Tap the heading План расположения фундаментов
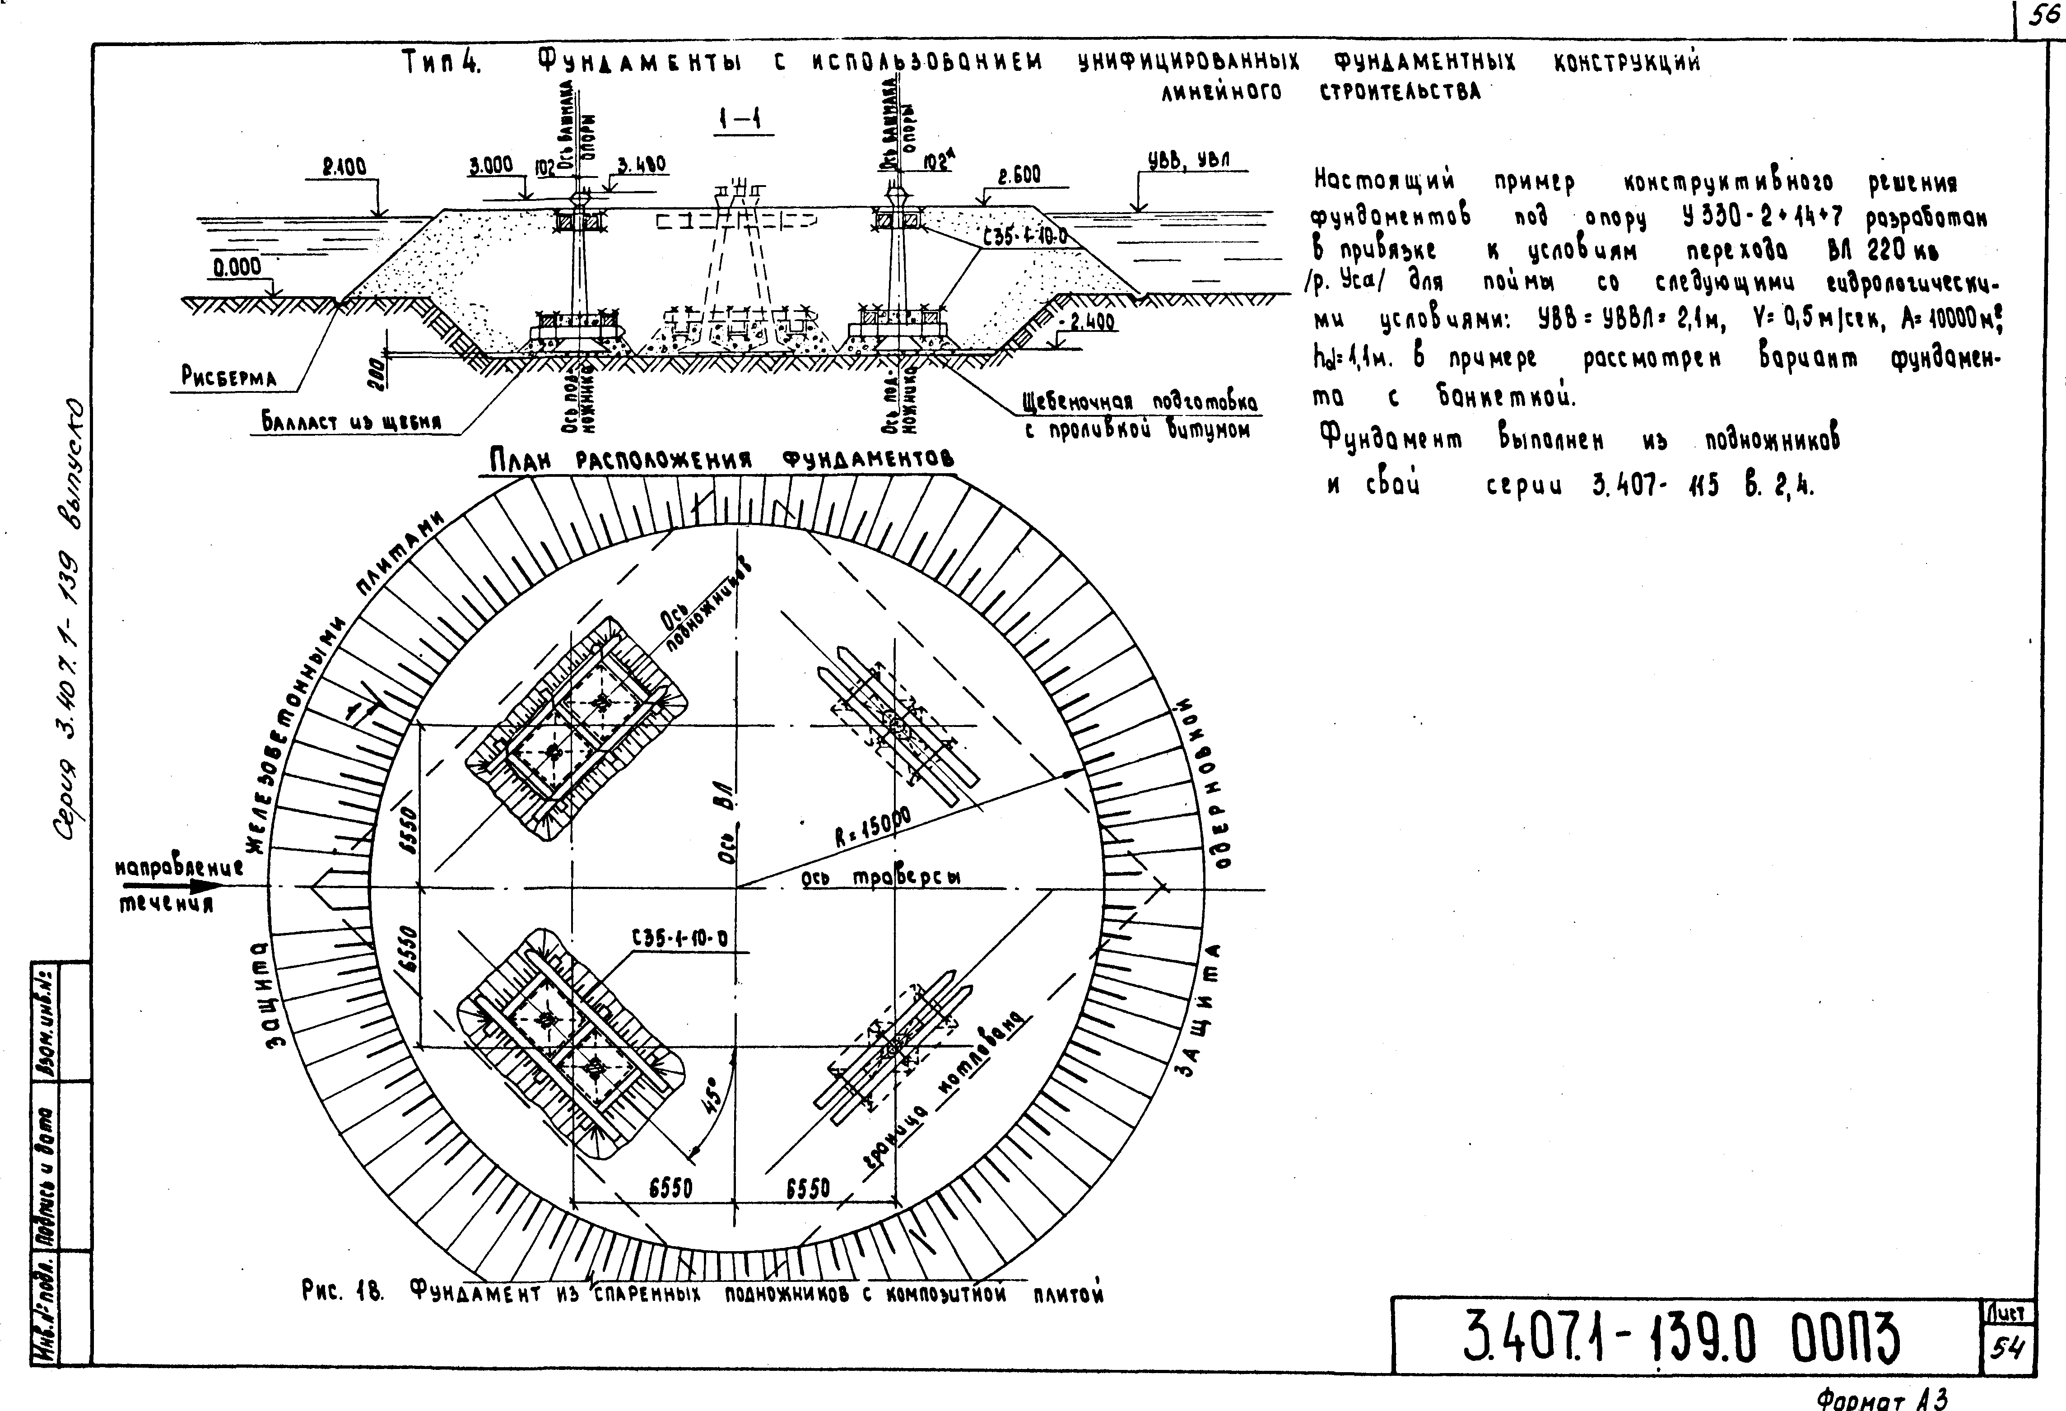722,460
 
